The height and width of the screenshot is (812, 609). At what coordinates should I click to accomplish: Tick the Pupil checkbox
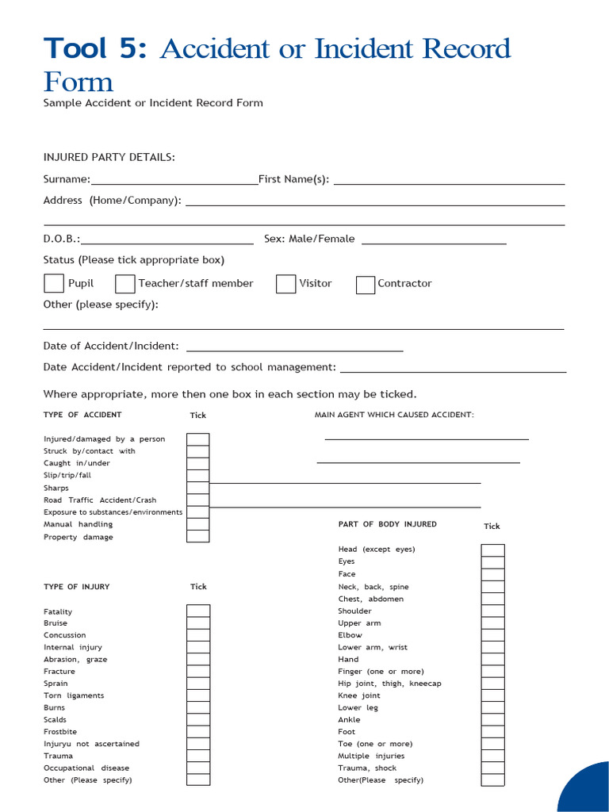[54, 283]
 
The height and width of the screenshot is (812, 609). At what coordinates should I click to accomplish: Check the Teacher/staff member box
[124, 284]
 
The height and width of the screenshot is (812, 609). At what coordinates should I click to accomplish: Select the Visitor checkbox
[285, 284]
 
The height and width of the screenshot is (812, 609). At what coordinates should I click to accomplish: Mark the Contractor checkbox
[365, 285]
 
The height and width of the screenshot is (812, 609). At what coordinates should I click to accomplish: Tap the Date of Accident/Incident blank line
[294, 349]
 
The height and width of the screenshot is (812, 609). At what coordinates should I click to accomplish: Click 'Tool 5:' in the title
[95, 49]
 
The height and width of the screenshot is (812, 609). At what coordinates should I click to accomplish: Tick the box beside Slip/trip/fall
[198, 475]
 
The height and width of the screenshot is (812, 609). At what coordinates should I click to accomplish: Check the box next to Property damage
[198, 537]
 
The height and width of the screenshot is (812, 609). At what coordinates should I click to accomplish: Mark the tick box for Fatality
[198, 611]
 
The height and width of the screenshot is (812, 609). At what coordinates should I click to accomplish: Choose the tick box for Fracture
[198, 671]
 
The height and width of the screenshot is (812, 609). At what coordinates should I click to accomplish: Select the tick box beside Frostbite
[198, 731]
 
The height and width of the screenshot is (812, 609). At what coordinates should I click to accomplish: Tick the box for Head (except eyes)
[492, 550]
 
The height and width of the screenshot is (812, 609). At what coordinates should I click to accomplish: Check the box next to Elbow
[492, 635]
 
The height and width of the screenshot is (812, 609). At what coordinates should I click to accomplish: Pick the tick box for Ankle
[492, 720]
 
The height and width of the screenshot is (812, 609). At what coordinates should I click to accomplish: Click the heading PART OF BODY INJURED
[387, 524]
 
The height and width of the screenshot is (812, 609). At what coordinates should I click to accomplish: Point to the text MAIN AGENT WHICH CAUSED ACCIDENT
[394, 415]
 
